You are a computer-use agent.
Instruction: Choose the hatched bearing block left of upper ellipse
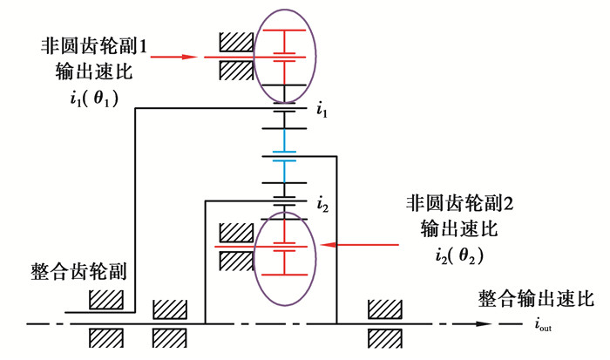[236, 41]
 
